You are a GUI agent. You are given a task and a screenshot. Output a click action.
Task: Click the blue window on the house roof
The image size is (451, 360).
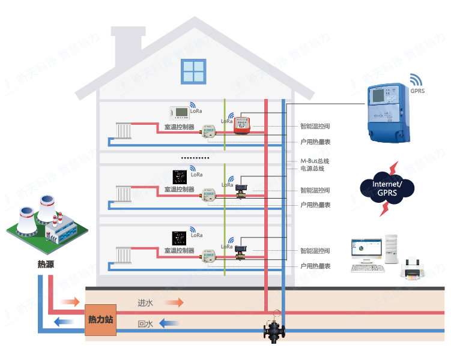[x=194, y=72]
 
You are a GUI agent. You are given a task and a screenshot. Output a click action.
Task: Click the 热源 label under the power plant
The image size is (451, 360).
[x=46, y=264]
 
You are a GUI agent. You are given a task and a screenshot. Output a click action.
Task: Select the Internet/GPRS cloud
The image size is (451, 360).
[x=387, y=187]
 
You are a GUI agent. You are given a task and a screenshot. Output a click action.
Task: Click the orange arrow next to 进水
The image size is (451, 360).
[x=174, y=302]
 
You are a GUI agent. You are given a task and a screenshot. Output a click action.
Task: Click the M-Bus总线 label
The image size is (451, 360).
[x=315, y=161]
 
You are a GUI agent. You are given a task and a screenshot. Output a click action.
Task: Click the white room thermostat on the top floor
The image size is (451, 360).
[x=180, y=112]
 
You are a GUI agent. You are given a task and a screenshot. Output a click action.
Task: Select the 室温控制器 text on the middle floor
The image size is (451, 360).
[x=179, y=190]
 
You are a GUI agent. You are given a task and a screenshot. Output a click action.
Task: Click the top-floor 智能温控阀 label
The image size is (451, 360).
[x=315, y=127]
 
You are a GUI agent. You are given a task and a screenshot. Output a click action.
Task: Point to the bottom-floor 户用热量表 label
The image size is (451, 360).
[x=315, y=266]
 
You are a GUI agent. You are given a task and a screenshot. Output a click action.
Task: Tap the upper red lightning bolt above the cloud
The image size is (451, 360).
[x=393, y=166]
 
